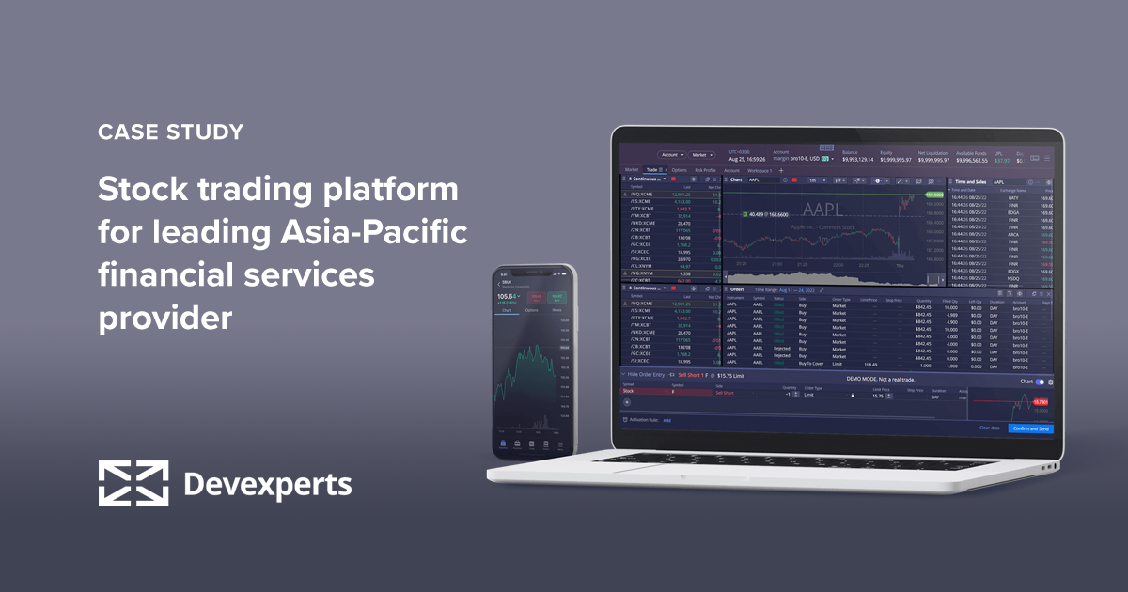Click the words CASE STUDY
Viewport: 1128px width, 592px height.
click(x=170, y=132)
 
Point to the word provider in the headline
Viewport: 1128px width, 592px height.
click(x=164, y=319)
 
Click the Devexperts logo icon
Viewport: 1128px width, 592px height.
click(x=133, y=484)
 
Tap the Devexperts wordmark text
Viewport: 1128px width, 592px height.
click(x=267, y=485)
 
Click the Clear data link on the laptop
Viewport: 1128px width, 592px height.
click(x=989, y=428)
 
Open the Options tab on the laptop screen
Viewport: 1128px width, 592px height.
click(x=680, y=170)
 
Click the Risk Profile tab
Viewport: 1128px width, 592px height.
click(x=705, y=170)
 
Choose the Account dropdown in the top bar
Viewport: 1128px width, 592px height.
click(x=671, y=154)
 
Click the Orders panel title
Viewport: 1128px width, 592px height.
click(x=738, y=289)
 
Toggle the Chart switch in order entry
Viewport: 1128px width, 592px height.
click(x=1041, y=382)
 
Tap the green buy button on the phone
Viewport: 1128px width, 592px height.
click(x=557, y=298)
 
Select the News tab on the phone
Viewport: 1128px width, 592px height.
click(x=556, y=309)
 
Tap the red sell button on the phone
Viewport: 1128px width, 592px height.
click(x=537, y=298)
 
